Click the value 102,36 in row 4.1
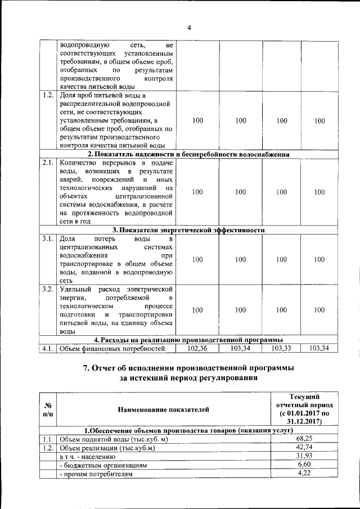point(194,349)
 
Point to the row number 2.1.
point(48,163)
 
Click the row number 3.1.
point(48,239)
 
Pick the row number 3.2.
point(48,289)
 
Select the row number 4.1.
point(48,349)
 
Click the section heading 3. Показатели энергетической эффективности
point(188,229)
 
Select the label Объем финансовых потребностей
point(112,349)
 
